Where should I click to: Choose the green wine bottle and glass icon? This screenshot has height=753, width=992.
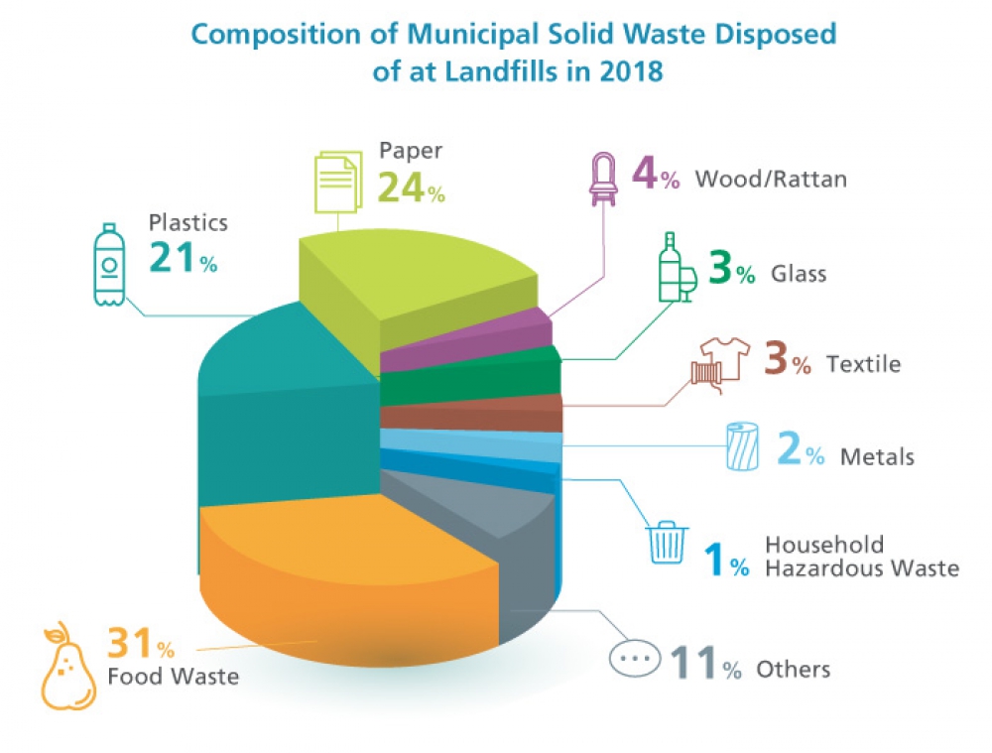676,267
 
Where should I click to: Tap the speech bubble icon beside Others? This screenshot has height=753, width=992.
635,660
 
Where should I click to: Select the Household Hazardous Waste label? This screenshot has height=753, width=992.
862,557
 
